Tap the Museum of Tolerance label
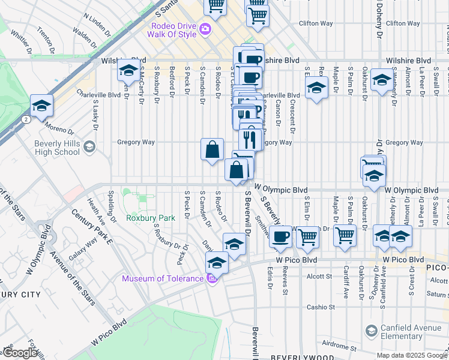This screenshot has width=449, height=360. [162, 278]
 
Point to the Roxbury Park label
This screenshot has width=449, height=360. [151, 218]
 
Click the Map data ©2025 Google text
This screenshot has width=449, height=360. [412, 355]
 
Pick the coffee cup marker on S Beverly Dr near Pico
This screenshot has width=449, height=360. [280, 237]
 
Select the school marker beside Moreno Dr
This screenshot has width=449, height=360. [41, 106]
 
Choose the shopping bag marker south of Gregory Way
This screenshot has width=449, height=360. [212, 150]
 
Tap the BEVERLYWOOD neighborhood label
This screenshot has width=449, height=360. [298, 357]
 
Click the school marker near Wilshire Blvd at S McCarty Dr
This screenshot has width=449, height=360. [128, 71]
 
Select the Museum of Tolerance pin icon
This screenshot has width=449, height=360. [211, 278]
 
